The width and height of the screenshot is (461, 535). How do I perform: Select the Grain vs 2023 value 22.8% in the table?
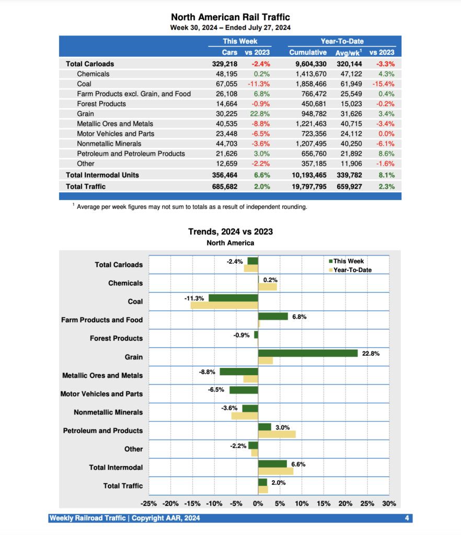pyautogui.click(x=258, y=113)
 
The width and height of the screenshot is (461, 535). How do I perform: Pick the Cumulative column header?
pyautogui.click(x=307, y=52)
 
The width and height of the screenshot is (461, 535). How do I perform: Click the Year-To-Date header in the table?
pyautogui.click(x=342, y=41)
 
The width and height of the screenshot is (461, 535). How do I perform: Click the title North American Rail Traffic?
pyautogui.click(x=230, y=17)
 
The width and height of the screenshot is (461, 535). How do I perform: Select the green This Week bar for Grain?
pyautogui.click(x=308, y=353)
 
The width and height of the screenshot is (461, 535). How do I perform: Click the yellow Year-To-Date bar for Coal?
pyautogui.click(x=224, y=306)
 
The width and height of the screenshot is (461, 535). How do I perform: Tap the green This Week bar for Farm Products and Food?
pyautogui.click(x=273, y=316)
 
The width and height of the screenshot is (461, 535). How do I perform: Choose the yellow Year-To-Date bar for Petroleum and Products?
pyautogui.click(x=277, y=434)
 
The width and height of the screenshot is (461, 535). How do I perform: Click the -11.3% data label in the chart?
pyautogui.click(x=194, y=298)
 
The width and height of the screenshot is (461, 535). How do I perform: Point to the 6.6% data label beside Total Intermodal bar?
pyautogui.click(x=298, y=464)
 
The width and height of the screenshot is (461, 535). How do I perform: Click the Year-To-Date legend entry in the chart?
pyautogui.click(x=352, y=270)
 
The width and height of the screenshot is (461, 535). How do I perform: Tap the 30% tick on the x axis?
pyautogui.click(x=389, y=504)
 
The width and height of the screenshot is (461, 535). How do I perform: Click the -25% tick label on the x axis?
pyautogui.click(x=149, y=504)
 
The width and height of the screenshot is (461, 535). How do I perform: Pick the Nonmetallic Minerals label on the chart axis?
pyautogui.click(x=108, y=412)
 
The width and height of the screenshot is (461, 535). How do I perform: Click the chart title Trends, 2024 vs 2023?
pyautogui.click(x=230, y=232)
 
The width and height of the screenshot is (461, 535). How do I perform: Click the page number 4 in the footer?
pyautogui.click(x=407, y=518)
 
